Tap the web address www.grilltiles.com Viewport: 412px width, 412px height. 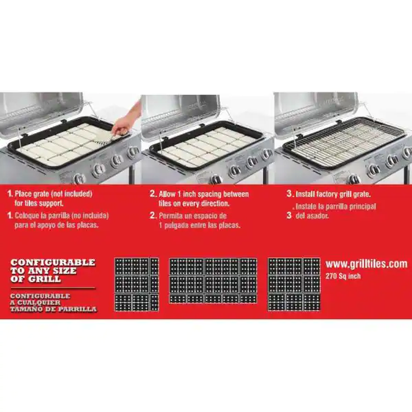coord(366,264)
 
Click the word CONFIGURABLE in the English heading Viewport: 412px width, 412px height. coord(53,263)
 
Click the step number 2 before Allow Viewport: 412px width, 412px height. coord(153,195)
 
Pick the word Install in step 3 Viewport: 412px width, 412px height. coord(306,195)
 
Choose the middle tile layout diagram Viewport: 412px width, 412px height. coord(213,281)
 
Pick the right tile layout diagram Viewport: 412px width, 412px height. coord(294,284)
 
